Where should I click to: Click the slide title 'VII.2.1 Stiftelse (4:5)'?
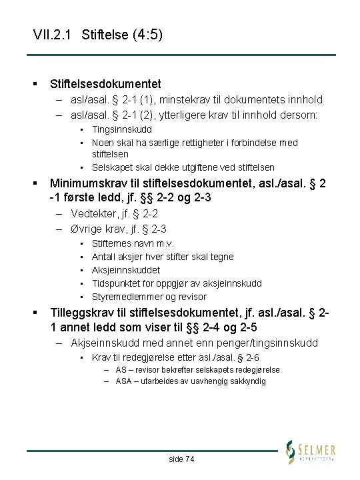97,34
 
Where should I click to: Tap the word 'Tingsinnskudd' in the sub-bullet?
122,129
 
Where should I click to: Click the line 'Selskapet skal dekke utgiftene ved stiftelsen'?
183,167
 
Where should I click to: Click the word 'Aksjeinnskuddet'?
126,271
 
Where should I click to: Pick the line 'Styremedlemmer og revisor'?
149,297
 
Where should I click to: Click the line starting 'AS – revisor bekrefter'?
197,370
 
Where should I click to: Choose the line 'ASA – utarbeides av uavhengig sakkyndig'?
190,381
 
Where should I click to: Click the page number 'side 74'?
181,459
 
